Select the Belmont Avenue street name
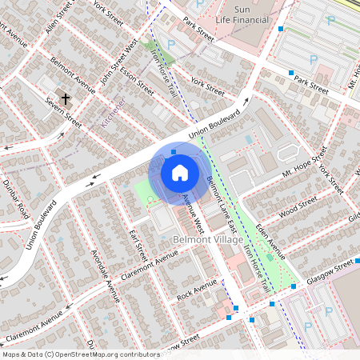[73, 70]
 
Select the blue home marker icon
[179, 172]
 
